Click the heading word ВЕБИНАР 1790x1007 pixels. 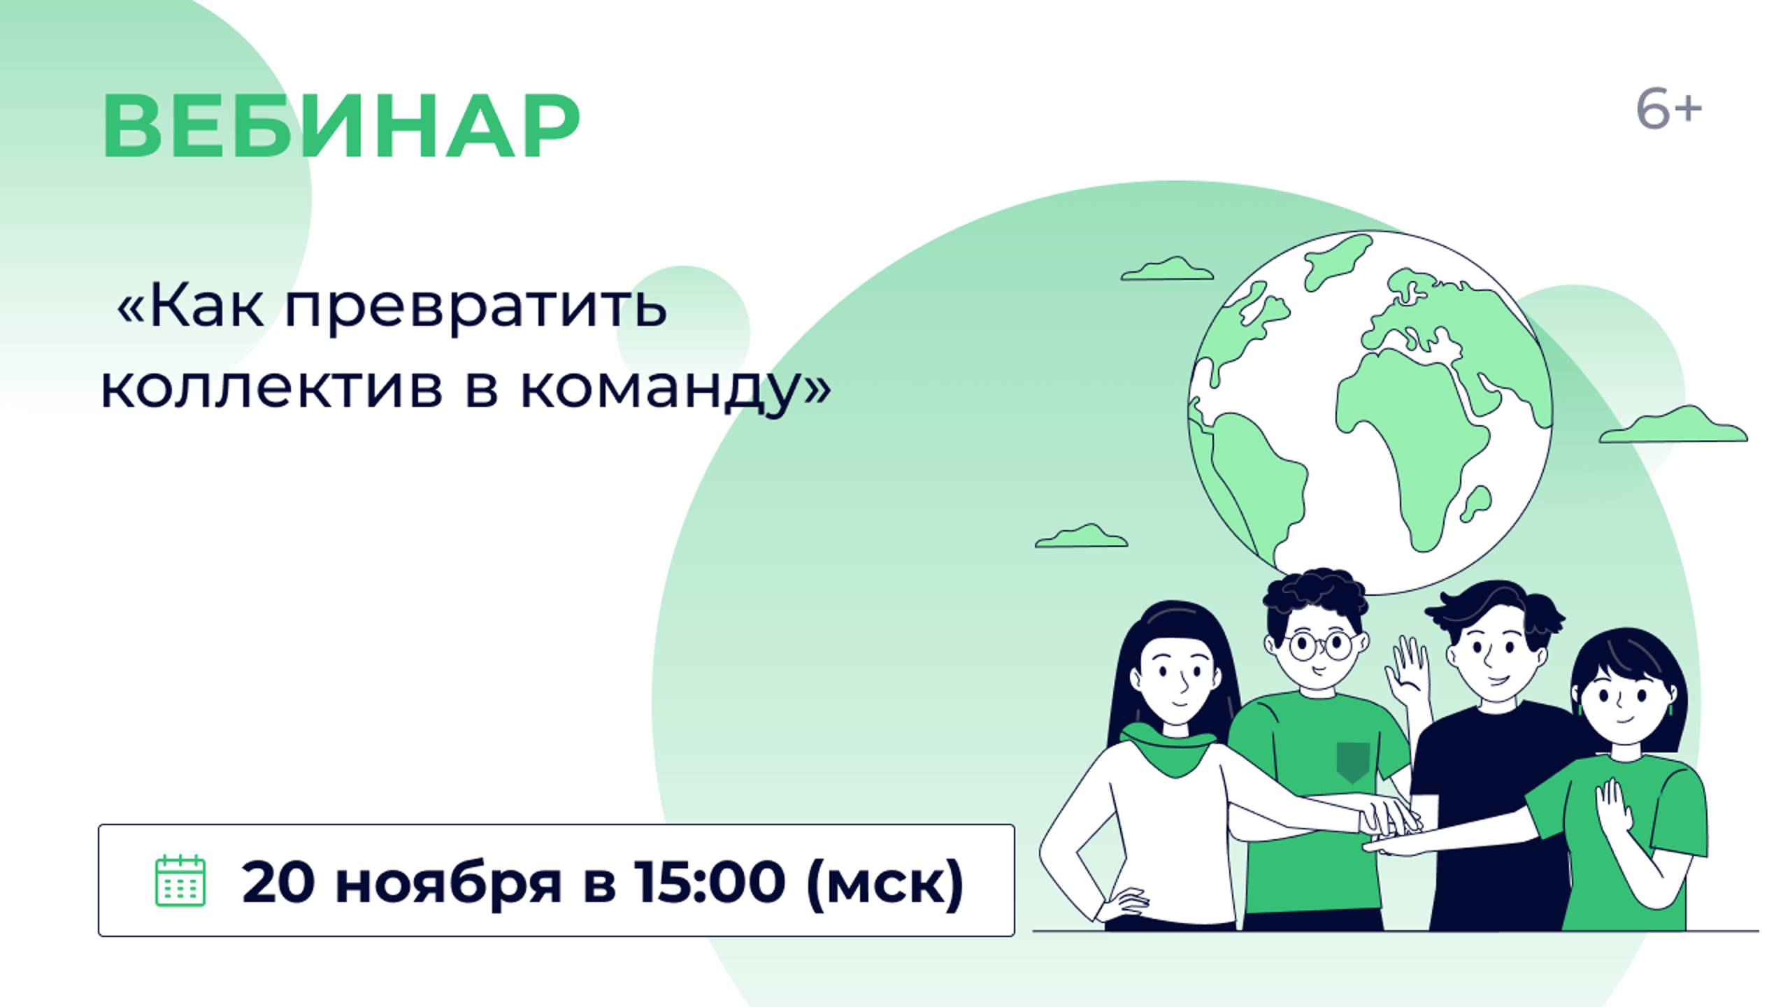point(341,127)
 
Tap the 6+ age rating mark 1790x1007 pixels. point(1668,110)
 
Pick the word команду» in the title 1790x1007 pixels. point(675,389)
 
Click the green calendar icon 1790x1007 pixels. point(180,880)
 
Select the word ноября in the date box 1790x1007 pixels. point(448,884)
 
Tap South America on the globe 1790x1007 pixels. point(1259,476)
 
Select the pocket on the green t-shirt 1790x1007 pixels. point(1352,762)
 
